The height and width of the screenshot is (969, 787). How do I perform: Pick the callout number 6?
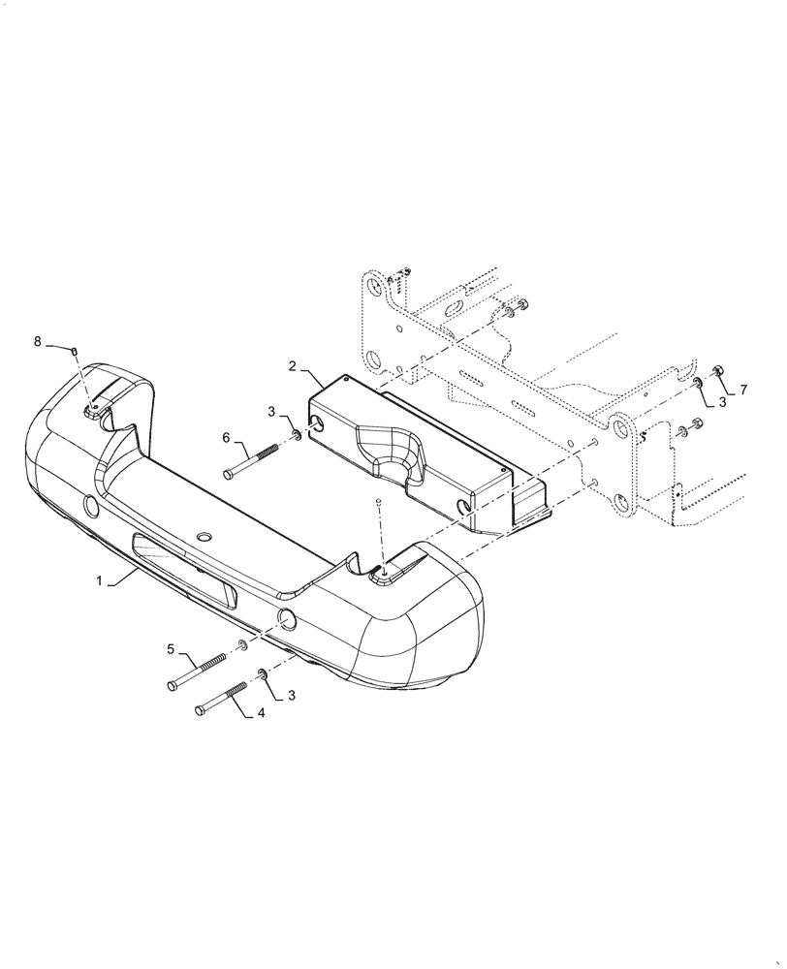227,438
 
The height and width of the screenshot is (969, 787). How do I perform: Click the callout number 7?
743,390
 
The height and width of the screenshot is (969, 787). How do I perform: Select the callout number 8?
38,341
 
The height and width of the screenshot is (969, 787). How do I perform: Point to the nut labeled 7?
718,370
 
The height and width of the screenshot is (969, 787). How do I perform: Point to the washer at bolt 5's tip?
240,645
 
